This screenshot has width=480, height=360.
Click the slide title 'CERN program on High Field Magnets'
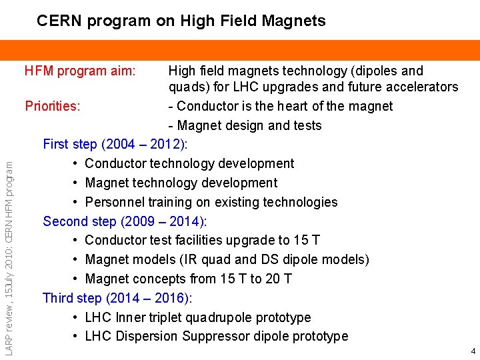[181, 21]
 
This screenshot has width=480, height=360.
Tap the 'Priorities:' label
[53, 106]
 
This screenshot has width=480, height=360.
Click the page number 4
[473, 351]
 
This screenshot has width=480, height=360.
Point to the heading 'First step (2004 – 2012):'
[115, 144]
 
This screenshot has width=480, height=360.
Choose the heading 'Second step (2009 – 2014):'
[125, 221]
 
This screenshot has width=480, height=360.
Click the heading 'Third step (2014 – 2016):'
[117, 298]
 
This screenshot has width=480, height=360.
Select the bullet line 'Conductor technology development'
[189, 163]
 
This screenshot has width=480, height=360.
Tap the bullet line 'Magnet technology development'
[181, 183]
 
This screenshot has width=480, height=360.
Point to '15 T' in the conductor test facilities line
[307, 240]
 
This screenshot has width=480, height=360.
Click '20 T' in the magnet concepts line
[279, 279]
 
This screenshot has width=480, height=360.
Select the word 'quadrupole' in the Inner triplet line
[221, 317]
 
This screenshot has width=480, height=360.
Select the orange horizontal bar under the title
[240, 50]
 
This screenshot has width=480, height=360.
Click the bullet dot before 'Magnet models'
[77, 260]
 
